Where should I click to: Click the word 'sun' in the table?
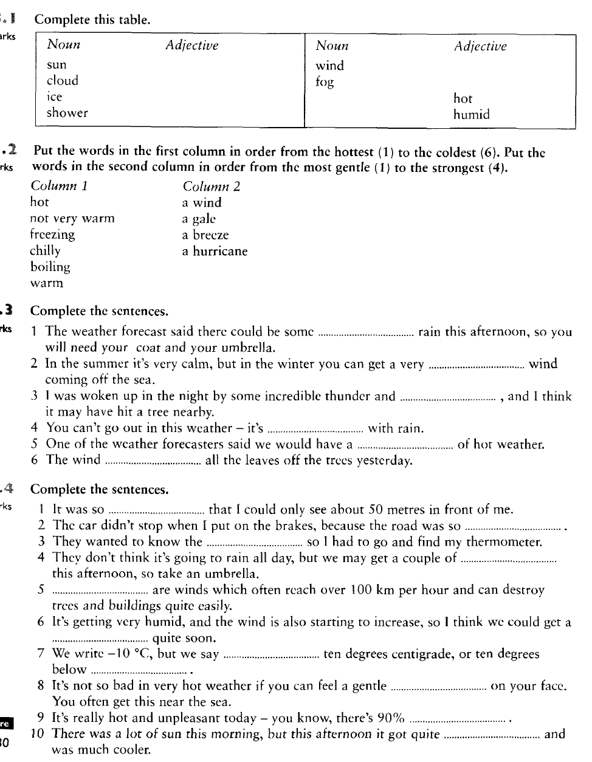pyautogui.click(x=57, y=65)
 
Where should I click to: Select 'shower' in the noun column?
pyautogui.click(x=67, y=113)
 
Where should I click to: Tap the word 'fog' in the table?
pyautogui.click(x=325, y=83)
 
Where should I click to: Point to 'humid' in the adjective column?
pyautogui.click(x=471, y=115)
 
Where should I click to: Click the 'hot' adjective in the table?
pyautogui.click(x=463, y=98)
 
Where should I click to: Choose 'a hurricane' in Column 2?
pyautogui.click(x=215, y=251)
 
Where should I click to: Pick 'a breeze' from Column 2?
pyautogui.click(x=205, y=235)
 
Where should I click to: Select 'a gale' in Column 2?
pyautogui.click(x=199, y=219)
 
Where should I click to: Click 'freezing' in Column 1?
pyautogui.click(x=52, y=235)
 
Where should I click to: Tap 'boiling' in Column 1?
pyautogui.click(x=50, y=267)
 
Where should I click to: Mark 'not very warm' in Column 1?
pyautogui.click(x=72, y=218)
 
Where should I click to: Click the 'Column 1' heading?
pyautogui.click(x=59, y=186)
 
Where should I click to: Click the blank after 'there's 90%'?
pyautogui.click(x=458, y=719)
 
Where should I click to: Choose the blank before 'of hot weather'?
pyautogui.click(x=405, y=445)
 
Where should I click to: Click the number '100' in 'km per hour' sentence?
pyautogui.click(x=361, y=589)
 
